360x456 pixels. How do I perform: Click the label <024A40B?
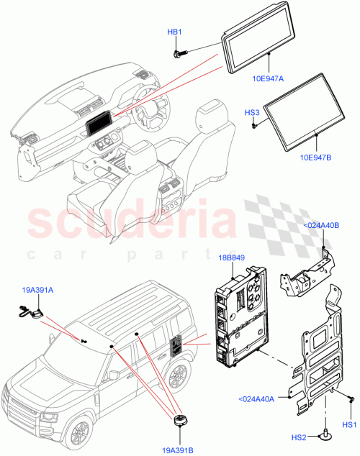coord(322,224)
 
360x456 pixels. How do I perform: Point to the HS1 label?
coord(349,425)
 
